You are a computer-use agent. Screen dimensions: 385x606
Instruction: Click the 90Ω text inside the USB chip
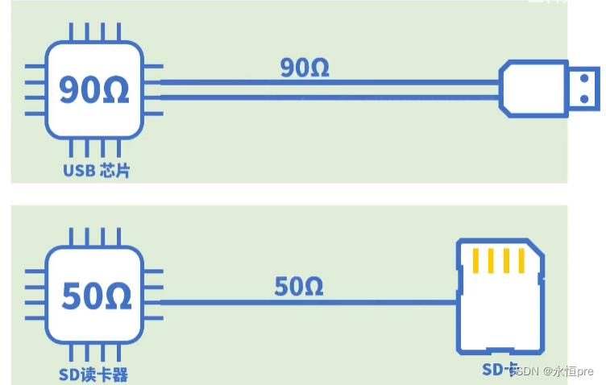(94, 89)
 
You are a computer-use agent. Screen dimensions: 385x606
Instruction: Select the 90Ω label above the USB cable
(305, 68)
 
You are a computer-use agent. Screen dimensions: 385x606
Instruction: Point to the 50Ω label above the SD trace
(298, 285)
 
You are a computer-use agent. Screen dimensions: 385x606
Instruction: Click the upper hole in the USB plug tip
(583, 78)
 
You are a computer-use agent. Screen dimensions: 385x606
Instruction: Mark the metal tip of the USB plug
(581, 88)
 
